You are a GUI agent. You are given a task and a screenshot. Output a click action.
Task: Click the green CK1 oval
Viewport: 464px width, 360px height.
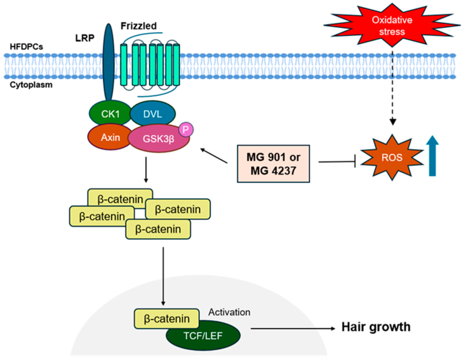[x=106, y=112]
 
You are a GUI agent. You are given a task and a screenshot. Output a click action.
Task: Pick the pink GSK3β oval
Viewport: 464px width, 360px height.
[x=156, y=139]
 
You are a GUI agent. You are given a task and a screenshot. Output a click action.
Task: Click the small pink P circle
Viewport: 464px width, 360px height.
[x=187, y=129]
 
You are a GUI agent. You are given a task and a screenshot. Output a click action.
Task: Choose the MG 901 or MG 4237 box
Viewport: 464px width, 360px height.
[x=275, y=162]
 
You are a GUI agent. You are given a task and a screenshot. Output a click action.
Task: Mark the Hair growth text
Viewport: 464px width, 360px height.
[x=376, y=327]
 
